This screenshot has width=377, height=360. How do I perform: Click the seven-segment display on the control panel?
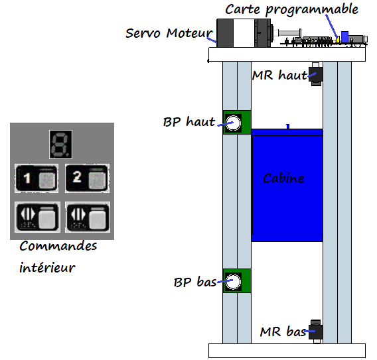(x=60, y=145)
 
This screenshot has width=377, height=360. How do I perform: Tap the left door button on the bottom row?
(x=37, y=217)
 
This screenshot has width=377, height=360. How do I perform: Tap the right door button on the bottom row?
(x=88, y=217)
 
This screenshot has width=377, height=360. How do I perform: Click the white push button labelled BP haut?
(x=233, y=123)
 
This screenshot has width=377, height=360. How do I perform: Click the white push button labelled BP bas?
(x=233, y=281)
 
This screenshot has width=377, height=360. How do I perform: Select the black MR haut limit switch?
(x=316, y=74)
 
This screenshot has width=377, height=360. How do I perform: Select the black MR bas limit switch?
(x=316, y=331)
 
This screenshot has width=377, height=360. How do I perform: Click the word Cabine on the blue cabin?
(x=283, y=178)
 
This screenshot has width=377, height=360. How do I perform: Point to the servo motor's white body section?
(x=244, y=33)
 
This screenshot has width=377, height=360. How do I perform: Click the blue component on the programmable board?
(x=344, y=37)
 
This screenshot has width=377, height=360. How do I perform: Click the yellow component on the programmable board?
(x=338, y=39)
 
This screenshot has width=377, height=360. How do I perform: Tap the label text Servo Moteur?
(x=169, y=33)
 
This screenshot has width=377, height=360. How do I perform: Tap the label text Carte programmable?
(x=291, y=9)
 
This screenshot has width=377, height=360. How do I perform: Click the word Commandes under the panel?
(x=58, y=246)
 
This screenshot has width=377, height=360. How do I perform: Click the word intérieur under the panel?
(x=47, y=267)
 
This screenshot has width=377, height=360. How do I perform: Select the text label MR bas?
(x=283, y=331)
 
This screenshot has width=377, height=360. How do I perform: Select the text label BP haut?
(x=189, y=121)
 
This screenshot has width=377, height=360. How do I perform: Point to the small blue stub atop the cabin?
(x=288, y=127)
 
